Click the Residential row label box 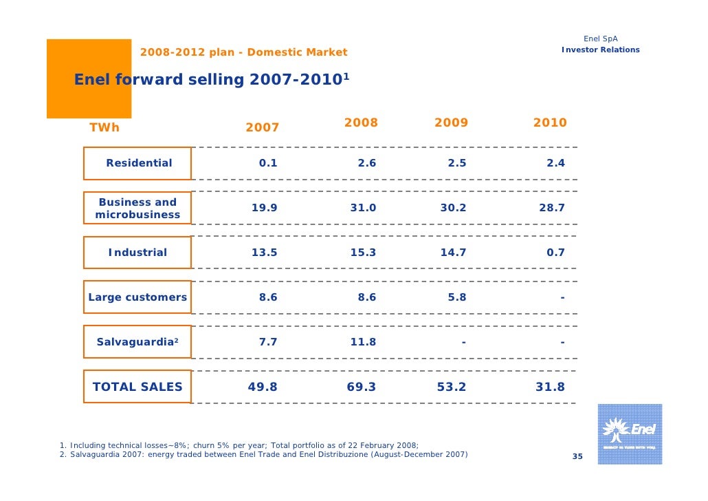coord(138,163)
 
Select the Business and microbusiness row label coord(137,209)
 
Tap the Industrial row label coord(137,253)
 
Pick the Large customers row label coord(137,297)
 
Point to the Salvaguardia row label coord(137,342)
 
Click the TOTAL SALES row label coord(137,387)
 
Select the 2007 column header coord(263,127)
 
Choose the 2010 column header coord(550,122)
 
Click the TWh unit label coord(104,127)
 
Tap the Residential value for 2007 coord(268,163)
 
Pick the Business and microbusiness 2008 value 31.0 coord(363,208)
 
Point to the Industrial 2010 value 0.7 coord(555,253)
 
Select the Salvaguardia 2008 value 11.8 coord(363,342)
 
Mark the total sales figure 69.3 coord(362,387)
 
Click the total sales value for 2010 coord(550,387)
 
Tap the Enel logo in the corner coord(630,434)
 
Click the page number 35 coord(577,458)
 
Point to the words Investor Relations coord(600,50)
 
